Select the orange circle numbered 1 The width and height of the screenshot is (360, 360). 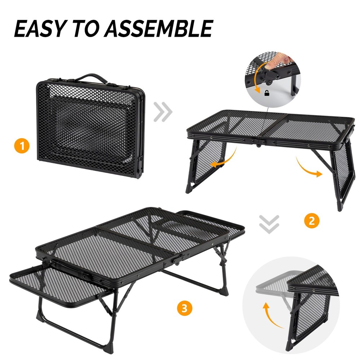click(x=22, y=146)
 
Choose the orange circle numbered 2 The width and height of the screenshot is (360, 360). click(x=311, y=220)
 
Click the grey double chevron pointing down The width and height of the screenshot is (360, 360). click(x=269, y=223)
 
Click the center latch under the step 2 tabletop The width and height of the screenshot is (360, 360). click(x=258, y=144)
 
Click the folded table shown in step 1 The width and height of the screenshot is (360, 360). click(x=90, y=126)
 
